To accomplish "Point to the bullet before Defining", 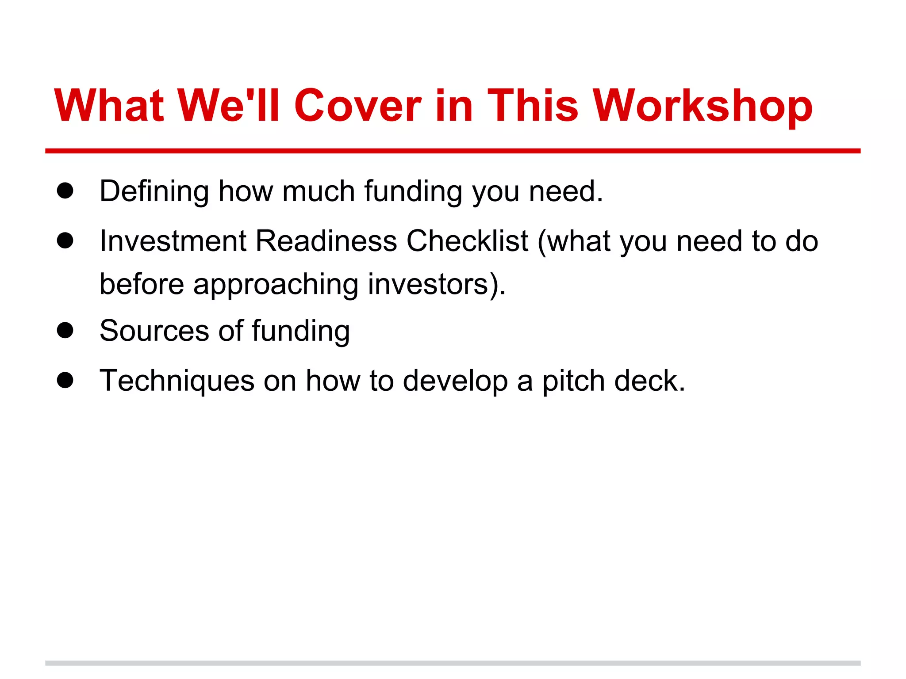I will [x=65, y=191].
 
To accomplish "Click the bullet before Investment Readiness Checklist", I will [x=65, y=241].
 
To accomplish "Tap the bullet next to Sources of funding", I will [x=65, y=330].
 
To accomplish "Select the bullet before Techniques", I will [x=65, y=380].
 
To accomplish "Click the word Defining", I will [x=154, y=192].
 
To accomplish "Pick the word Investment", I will [x=173, y=241].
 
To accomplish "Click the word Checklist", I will [x=467, y=241].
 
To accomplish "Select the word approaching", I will [x=276, y=285].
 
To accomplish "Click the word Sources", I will [x=154, y=331].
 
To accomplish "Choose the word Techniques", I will [x=177, y=381].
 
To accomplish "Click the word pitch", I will [x=573, y=381].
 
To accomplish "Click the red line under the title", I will [x=453, y=151].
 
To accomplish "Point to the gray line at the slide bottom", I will [x=453, y=663].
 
